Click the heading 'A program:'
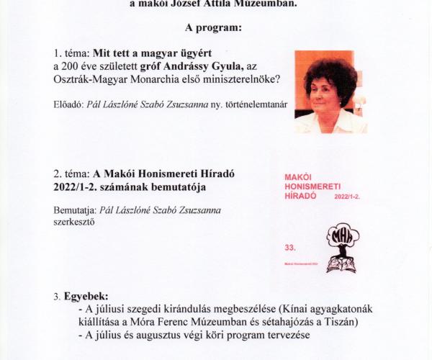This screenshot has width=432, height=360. point(215,28)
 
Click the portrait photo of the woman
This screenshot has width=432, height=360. point(330,91)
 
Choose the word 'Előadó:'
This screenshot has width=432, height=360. point(68,104)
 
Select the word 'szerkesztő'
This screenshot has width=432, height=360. point(75,222)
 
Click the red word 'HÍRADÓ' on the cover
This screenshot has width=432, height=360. point(302,196)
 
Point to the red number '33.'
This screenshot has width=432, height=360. point(290,246)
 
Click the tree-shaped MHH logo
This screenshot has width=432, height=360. point(342,247)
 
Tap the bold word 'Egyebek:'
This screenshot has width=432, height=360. point(86,296)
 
